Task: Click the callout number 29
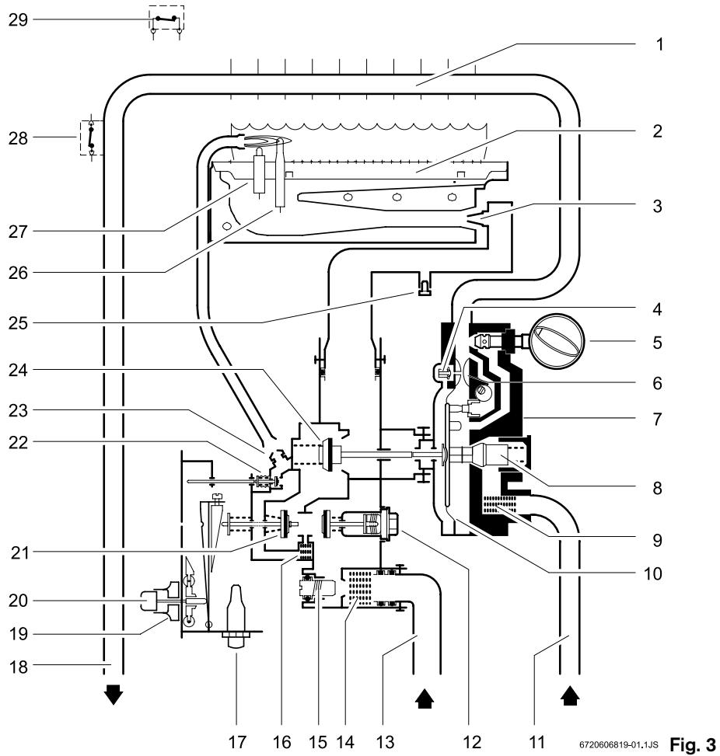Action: tap(19, 20)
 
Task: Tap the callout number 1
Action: tap(659, 44)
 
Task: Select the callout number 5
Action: tap(657, 343)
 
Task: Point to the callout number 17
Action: tap(237, 741)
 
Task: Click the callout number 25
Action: tap(19, 323)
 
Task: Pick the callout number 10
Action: tap(653, 573)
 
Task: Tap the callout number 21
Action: tap(20, 552)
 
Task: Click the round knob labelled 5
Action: tap(557, 341)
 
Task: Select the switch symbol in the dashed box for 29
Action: tap(166, 19)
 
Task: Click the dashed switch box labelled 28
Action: tap(92, 138)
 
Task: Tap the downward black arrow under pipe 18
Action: tap(114, 695)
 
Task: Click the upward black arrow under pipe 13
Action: tap(425, 698)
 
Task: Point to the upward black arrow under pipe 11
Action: tap(570, 696)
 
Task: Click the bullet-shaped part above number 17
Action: tap(236, 608)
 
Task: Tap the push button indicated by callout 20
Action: tap(149, 601)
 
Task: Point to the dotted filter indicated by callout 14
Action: tap(357, 588)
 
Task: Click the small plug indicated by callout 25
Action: tap(424, 287)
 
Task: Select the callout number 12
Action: tap(471, 741)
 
